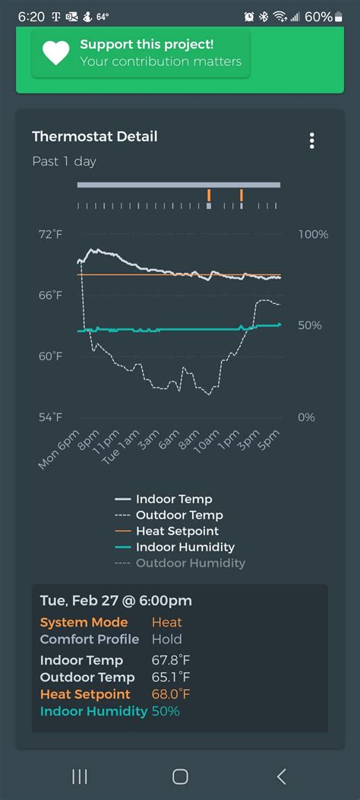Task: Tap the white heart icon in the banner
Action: (x=56, y=52)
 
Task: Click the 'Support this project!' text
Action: (x=147, y=44)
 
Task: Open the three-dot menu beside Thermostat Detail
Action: (x=311, y=141)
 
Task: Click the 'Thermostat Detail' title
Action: (x=95, y=137)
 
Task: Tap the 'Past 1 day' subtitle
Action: (x=65, y=161)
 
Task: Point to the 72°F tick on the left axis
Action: (x=50, y=235)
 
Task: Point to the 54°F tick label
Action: (x=50, y=417)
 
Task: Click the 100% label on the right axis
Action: (x=313, y=235)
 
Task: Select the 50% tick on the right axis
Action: (x=310, y=325)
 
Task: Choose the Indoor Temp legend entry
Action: (x=174, y=499)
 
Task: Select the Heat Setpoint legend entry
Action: (x=177, y=531)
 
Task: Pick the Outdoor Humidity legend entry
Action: (x=190, y=563)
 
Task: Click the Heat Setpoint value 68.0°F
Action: (x=171, y=694)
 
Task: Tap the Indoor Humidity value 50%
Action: (x=166, y=711)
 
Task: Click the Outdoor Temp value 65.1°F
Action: (x=171, y=678)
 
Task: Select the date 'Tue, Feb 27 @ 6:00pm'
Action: (x=115, y=601)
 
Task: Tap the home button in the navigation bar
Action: (x=180, y=776)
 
